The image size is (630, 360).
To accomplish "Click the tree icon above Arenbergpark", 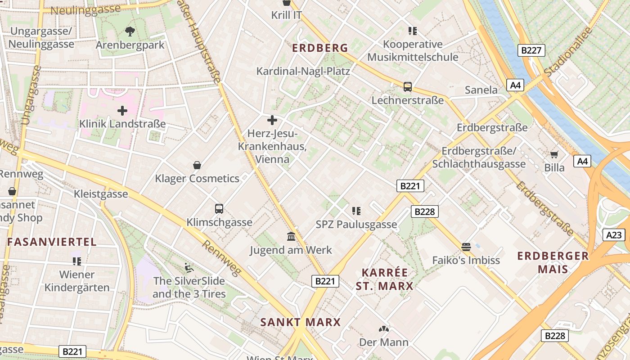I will [x=130, y=31].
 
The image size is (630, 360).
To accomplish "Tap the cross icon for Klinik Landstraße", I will [x=122, y=110].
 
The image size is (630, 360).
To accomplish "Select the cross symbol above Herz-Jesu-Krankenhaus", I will [x=272, y=120].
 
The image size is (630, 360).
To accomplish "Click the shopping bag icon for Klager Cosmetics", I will [x=197, y=165].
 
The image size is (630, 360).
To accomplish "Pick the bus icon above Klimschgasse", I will [x=219, y=209].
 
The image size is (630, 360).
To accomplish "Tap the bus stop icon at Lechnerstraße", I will [x=408, y=87].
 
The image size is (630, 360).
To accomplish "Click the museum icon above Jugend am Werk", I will [x=291, y=237].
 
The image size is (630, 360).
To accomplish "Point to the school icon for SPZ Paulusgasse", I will [x=356, y=211].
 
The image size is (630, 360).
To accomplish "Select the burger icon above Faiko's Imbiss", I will [x=466, y=247].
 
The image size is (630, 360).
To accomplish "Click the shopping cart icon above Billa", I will [x=554, y=154].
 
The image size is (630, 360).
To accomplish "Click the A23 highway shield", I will [x=614, y=235].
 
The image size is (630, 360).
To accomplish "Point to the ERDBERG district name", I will [x=320, y=48].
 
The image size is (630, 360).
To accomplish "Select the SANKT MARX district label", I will [x=301, y=322].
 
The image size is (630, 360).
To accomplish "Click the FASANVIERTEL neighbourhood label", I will [x=52, y=242].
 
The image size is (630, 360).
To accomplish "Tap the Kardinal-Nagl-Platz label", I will [x=303, y=71].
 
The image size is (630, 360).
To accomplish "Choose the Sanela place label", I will [x=481, y=90].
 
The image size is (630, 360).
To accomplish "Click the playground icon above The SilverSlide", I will [x=189, y=268].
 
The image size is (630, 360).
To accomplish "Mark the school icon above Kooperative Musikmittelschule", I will [x=412, y=31].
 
